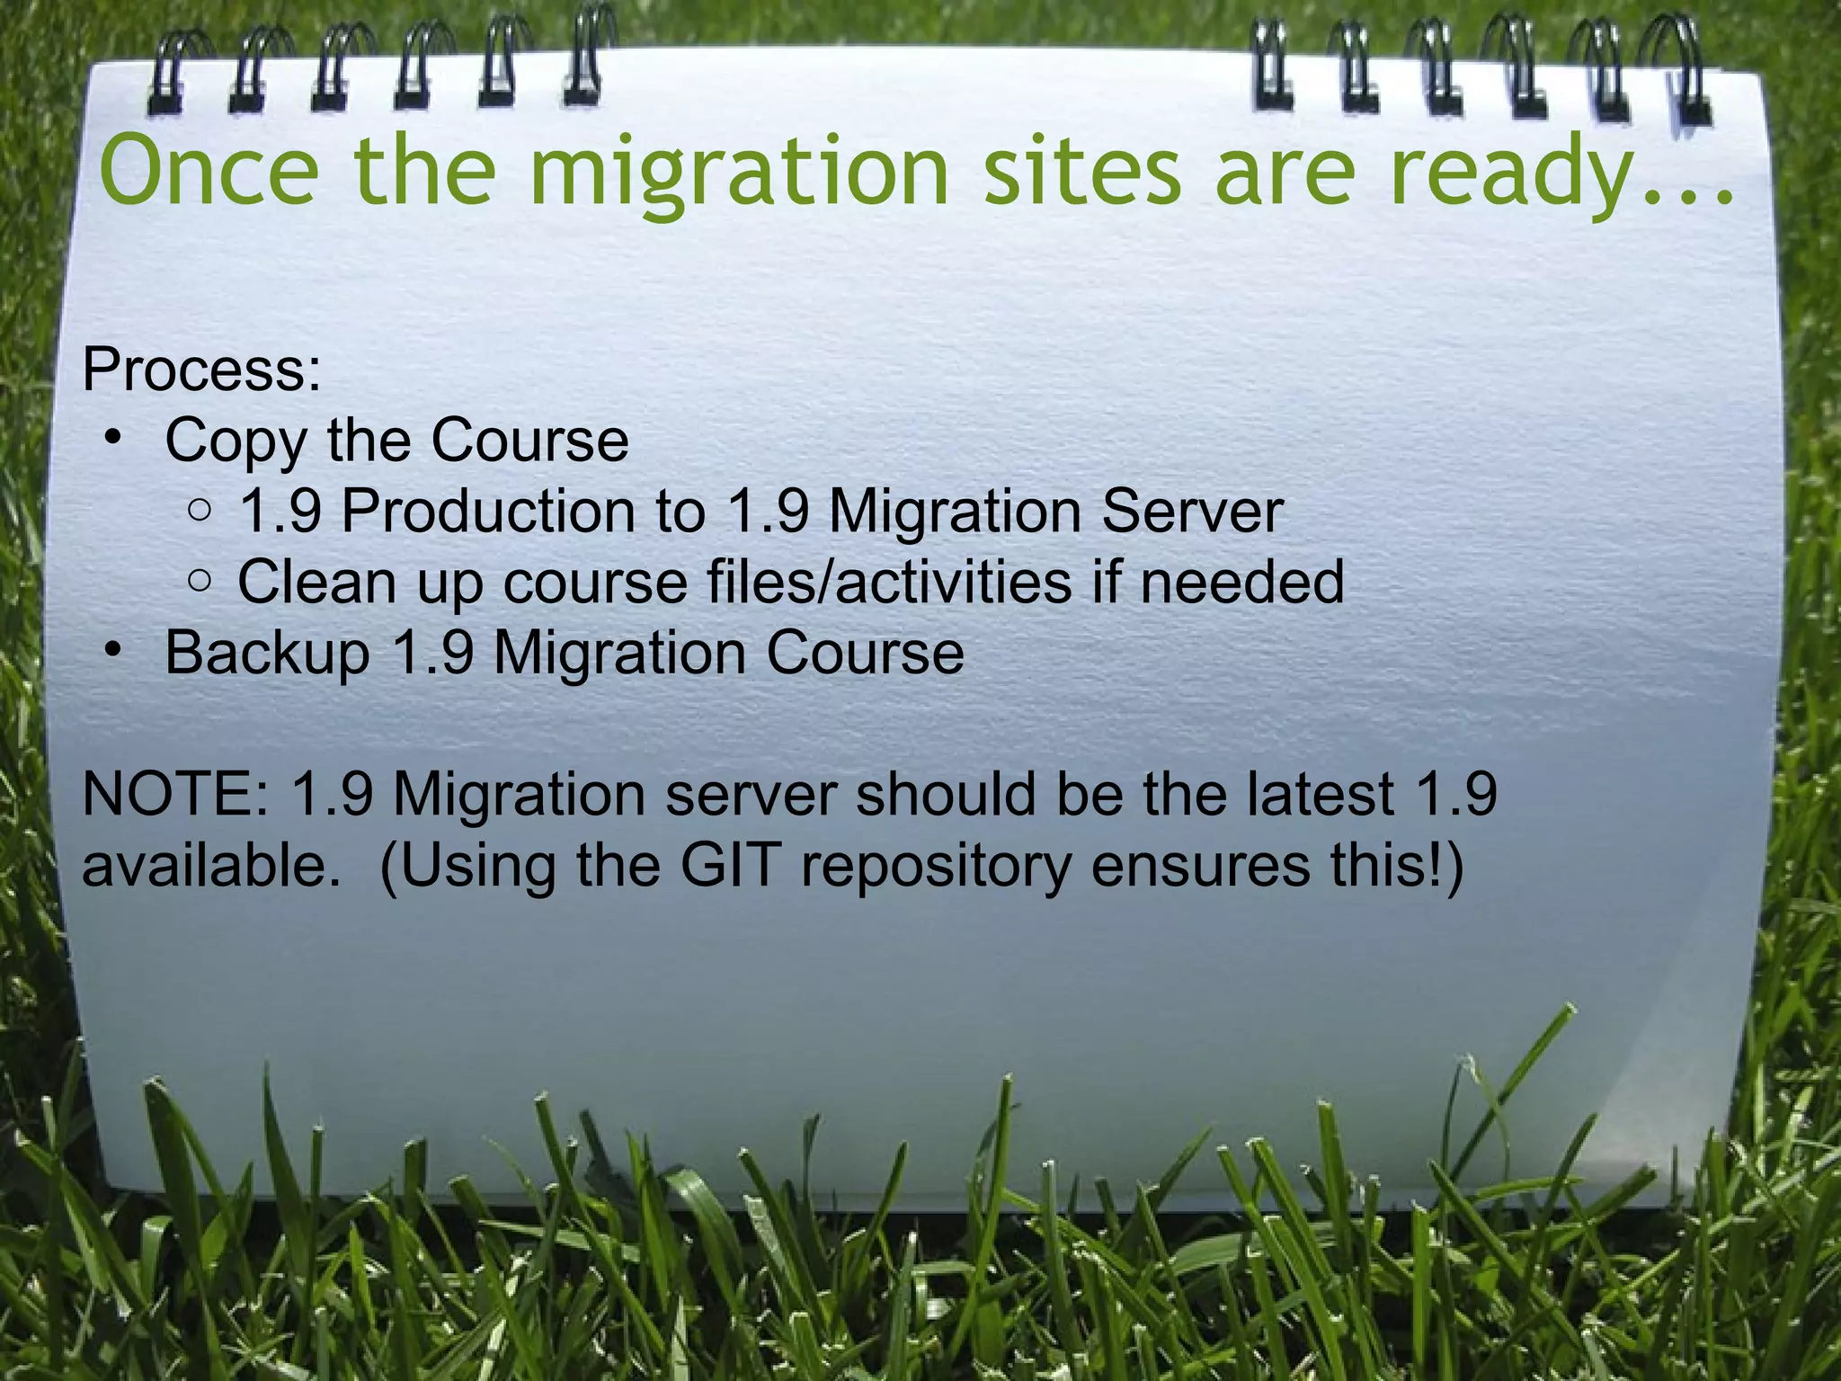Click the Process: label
click(x=201, y=370)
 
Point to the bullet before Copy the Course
click(x=111, y=440)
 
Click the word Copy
click(x=236, y=442)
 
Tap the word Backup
click(x=267, y=653)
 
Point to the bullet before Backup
click(x=111, y=651)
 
